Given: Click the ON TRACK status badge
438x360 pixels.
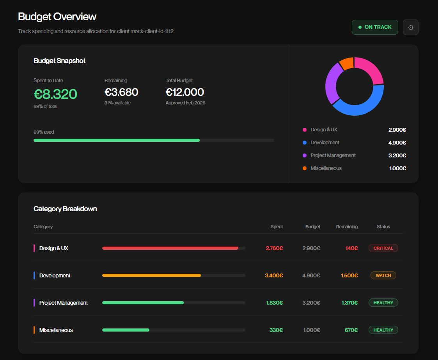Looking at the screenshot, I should click(x=374, y=27).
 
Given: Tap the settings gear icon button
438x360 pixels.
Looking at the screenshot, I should click(x=410, y=27).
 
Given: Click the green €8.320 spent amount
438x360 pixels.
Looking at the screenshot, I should click(x=55, y=94).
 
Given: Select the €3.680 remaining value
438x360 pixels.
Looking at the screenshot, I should click(x=121, y=92).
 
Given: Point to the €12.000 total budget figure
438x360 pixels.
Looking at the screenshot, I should click(x=184, y=92).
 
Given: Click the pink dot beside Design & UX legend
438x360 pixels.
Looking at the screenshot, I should click(x=305, y=130).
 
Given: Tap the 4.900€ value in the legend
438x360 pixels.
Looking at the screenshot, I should click(x=397, y=143).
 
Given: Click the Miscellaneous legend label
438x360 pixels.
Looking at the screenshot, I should click(x=326, y=168).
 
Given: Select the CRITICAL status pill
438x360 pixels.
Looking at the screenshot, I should click(x=383, y=248).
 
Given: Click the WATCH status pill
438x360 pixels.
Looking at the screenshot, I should click(x=383, y=275).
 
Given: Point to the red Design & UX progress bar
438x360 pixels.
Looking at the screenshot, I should click(x=170, y=248).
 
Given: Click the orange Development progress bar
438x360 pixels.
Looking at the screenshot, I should click(x=151, y=275).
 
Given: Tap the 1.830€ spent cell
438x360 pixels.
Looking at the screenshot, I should click(x=275, y=303).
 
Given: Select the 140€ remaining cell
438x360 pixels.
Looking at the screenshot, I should click(x=351, y=248).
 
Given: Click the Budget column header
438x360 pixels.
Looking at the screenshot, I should click(x=312, y=227).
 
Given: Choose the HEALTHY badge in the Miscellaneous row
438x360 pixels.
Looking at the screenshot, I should click(x=383, y=330).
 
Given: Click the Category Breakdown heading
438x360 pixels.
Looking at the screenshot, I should click(x=65, y=209).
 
